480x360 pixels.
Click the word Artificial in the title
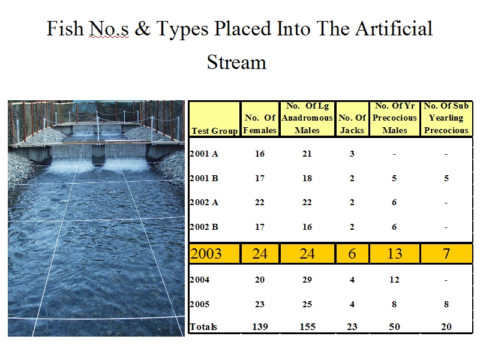[394, 28]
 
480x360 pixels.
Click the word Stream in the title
[236, 62]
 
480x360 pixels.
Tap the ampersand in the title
[142, 28]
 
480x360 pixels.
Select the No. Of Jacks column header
[352, 124]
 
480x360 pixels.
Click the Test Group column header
[215, 131]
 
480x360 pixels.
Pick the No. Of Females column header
[260, 124]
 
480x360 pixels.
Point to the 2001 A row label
[204, 154]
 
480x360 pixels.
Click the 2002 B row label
[204, 227]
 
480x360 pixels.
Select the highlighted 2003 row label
[206, 253]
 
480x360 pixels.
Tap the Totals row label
[203, 326]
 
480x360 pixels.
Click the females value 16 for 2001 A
[260, 154]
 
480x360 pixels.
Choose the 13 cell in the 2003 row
[395, 253]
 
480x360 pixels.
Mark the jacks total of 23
[352, 326]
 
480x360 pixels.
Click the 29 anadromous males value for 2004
[307, 280]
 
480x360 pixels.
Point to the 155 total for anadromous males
[307, 326]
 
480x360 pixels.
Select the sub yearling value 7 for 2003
[446, 253]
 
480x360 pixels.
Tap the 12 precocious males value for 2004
[394, 280]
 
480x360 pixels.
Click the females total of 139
[260, 326]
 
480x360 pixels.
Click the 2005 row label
[200, 304]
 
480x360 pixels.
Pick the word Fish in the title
[65, 28]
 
